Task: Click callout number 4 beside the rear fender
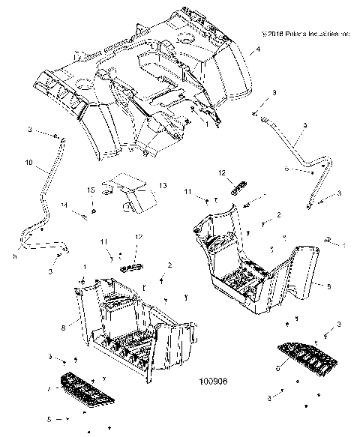coord(259,49)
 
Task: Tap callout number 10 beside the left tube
coord(29,161)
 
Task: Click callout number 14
coord(64,204)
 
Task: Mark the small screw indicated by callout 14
coord(78,214)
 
